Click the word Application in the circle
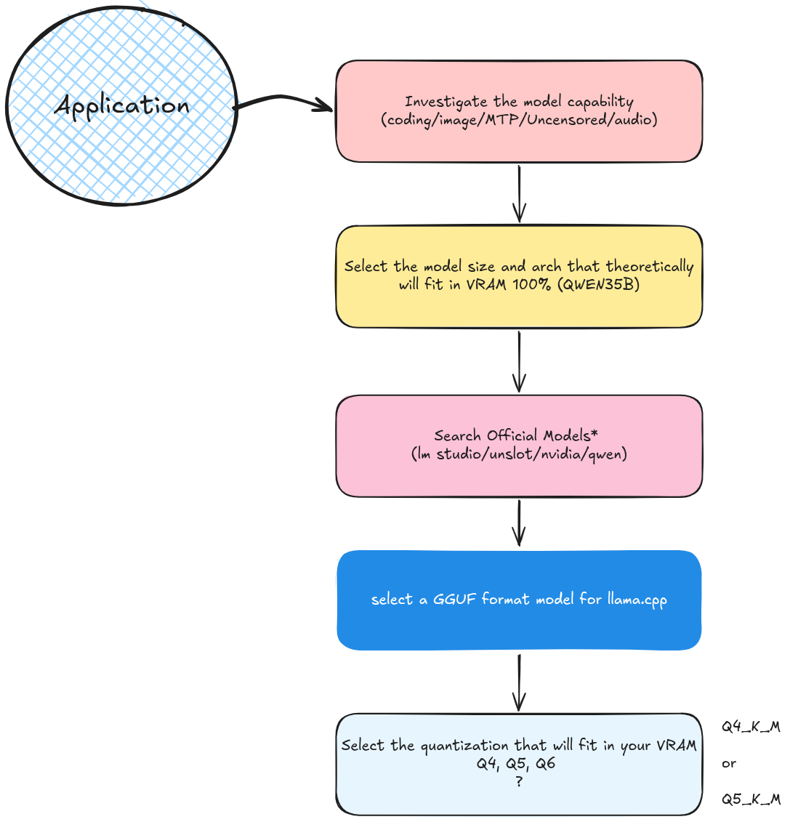coord(121,106)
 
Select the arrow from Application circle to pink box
coord(283,100)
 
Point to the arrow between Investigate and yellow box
coord(519,193)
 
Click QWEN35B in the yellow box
coord(598,284)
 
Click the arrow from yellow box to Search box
coord(519,361)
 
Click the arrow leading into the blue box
coord(519,523)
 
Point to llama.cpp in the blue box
coord(637,600)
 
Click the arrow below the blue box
coord(519,682)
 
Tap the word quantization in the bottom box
coord(464,746)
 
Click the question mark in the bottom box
coord(519,781)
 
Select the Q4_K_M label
coord(751,727)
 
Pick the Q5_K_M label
coord(751,799)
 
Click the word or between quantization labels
coord(729,764)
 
